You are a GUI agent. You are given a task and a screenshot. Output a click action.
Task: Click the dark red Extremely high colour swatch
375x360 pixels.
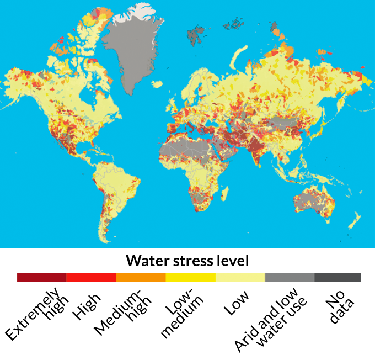41,277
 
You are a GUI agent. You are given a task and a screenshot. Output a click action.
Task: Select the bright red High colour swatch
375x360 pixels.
91,277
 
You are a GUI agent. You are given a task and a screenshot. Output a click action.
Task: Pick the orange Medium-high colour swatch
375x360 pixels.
141,277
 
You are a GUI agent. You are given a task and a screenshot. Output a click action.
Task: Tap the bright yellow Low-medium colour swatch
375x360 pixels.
190,277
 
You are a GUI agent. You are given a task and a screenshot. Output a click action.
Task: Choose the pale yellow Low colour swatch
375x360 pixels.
240,277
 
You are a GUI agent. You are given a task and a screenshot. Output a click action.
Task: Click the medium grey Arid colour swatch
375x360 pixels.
290,277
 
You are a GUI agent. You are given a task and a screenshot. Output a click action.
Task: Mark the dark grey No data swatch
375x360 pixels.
337,277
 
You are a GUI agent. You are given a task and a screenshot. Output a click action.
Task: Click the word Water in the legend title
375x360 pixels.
144,260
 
